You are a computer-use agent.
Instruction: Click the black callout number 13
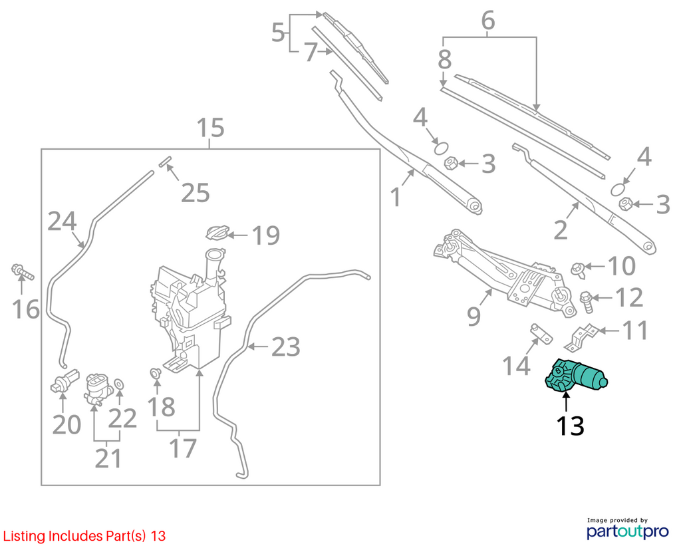point(570,426)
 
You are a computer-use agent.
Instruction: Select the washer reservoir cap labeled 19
point(217,232)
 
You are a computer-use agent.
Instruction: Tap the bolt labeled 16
point(22,272)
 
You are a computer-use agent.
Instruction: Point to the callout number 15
point(210,128)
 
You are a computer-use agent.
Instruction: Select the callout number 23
point(286,346)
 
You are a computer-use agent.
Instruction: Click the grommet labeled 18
point(155,374)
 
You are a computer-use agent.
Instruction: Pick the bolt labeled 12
point(587,302)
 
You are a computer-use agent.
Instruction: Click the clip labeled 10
point(578,269)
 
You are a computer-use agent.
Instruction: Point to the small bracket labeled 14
point(541,333)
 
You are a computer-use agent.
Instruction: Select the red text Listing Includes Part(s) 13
point(84,536)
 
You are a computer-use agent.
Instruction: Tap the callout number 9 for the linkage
point(474,316)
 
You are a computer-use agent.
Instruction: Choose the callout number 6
point(488,21)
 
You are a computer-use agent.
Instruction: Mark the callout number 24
point(62,221)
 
